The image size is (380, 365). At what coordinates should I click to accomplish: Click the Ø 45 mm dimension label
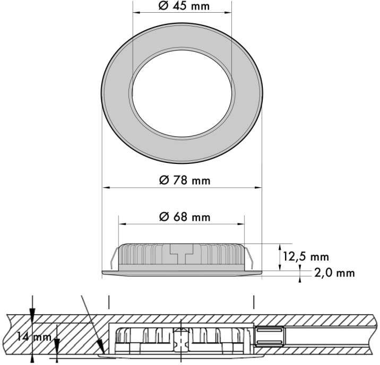tap(184, 6)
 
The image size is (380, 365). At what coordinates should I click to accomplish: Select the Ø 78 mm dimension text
tap(185, 180)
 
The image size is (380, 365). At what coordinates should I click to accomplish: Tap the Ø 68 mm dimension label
tap(185, 217)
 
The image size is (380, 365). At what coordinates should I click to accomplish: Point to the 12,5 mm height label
tap(306, 257)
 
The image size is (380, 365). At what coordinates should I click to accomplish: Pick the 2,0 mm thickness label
tap(335, 273)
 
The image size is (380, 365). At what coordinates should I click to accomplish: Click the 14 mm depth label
tap(34, 337)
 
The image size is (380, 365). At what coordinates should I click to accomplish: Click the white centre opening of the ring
tap(182, 93)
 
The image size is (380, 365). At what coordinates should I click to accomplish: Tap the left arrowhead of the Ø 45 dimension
tap(137, 12)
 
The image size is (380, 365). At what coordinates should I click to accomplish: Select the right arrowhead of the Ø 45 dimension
tap(228, 12)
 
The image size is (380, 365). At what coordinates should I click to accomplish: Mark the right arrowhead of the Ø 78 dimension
tap(258, 187)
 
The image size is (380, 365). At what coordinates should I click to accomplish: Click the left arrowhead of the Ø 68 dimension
tap(122, 224)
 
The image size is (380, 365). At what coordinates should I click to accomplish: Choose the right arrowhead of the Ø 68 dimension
tap(240, 224)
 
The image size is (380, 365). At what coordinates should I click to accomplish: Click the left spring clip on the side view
tap(114, 258)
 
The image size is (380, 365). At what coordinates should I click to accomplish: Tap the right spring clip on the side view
tap(249, 258)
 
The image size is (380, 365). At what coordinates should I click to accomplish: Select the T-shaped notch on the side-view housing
tap(182, 254)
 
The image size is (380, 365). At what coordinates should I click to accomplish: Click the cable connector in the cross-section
tap(270, 335)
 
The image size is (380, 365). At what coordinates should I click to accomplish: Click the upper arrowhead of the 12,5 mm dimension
tap(280, 248)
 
